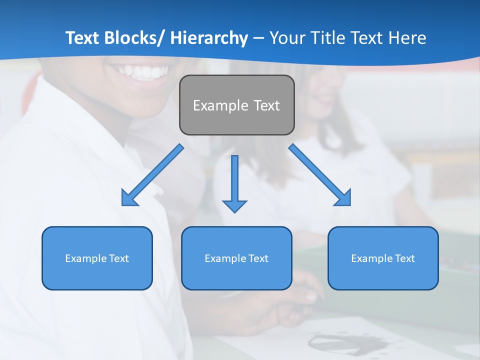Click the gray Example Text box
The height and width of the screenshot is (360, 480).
(236, 105)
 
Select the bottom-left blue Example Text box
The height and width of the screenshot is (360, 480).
(97, 258)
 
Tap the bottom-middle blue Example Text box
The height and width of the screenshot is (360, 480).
(236, 258)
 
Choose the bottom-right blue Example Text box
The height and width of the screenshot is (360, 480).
(383, 258)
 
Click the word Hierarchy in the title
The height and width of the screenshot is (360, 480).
(209, 38)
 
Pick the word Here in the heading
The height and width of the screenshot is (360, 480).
(407, 38)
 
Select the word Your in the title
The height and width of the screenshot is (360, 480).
(286, 38)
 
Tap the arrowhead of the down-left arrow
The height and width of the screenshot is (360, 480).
(129, 198)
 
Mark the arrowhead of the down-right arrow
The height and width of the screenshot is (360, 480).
(343, 198)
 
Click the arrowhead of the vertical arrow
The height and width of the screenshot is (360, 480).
(234, 206)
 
